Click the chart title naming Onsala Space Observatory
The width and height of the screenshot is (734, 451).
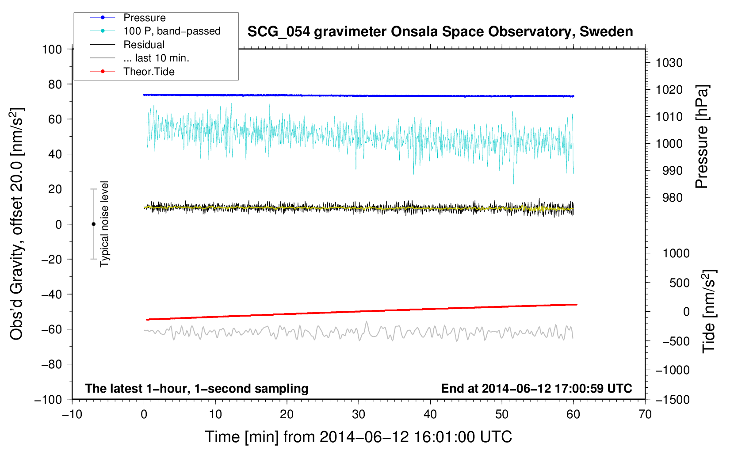pyautogui.click(x=440, y=32)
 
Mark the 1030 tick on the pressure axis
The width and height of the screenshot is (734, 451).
pyautogui.click(x=669, y=63)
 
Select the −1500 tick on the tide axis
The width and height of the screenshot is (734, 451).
pyautogui.click(x=672, y=399)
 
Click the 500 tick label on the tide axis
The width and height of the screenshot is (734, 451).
pyautogui.click(x=679, y=283)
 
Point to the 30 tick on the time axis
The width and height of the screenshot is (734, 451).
pyautogui.click(x=359, y=414)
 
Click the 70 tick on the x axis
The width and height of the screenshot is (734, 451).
pyautogui.click(x=645, y=414)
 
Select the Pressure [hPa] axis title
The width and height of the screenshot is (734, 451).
pyautogui.click(x=702, y=137)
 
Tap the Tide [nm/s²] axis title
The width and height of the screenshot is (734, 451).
pyautogui.click(x=709, y=311)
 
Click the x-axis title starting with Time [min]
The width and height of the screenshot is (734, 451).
pyautogui.click(x=358, y=437)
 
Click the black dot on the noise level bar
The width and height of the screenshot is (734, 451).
pyautogui.click(x=93, y=224)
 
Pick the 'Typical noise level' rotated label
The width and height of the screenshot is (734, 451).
pyautogui.click(x=104, y=224)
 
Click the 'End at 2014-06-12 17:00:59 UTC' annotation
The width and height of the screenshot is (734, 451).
pyautogui.click(x=536, y=388)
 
